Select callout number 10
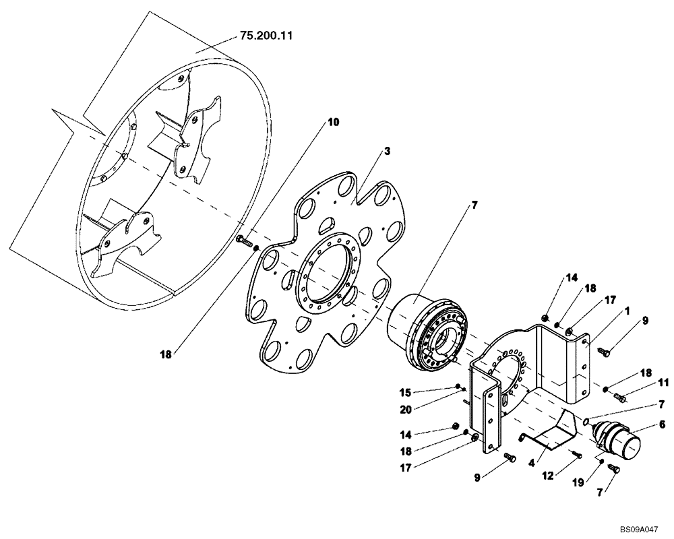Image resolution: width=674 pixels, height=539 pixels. [334, 122]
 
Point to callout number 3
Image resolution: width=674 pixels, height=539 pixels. [388, 152]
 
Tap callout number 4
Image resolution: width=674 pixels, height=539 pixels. [531, 464]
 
